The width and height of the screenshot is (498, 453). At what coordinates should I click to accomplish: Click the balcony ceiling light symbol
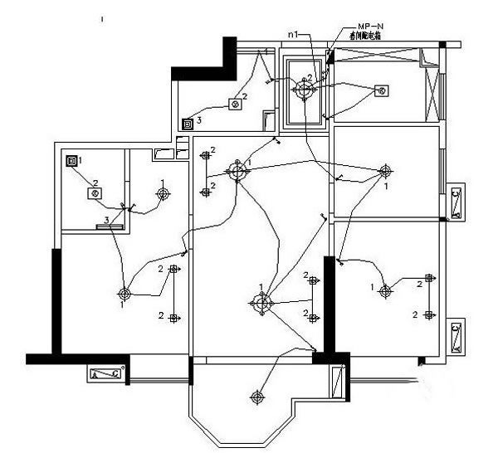(x=258, y=398)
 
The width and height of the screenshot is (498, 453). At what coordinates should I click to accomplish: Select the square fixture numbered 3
(x=188, y=124)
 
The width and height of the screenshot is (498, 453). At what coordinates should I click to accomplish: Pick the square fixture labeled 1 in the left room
(x=71, y=159)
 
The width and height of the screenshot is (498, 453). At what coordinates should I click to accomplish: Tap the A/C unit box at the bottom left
(x=107, y=373)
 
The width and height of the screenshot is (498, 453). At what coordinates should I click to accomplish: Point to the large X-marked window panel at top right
(x=430, y=86)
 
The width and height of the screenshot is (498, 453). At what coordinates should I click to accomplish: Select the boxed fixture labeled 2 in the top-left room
(x=235, y=105)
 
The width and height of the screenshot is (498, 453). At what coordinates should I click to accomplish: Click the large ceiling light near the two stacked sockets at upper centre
(x=239, y=172)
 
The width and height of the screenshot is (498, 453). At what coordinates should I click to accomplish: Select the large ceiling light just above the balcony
(x=261, y=303)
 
